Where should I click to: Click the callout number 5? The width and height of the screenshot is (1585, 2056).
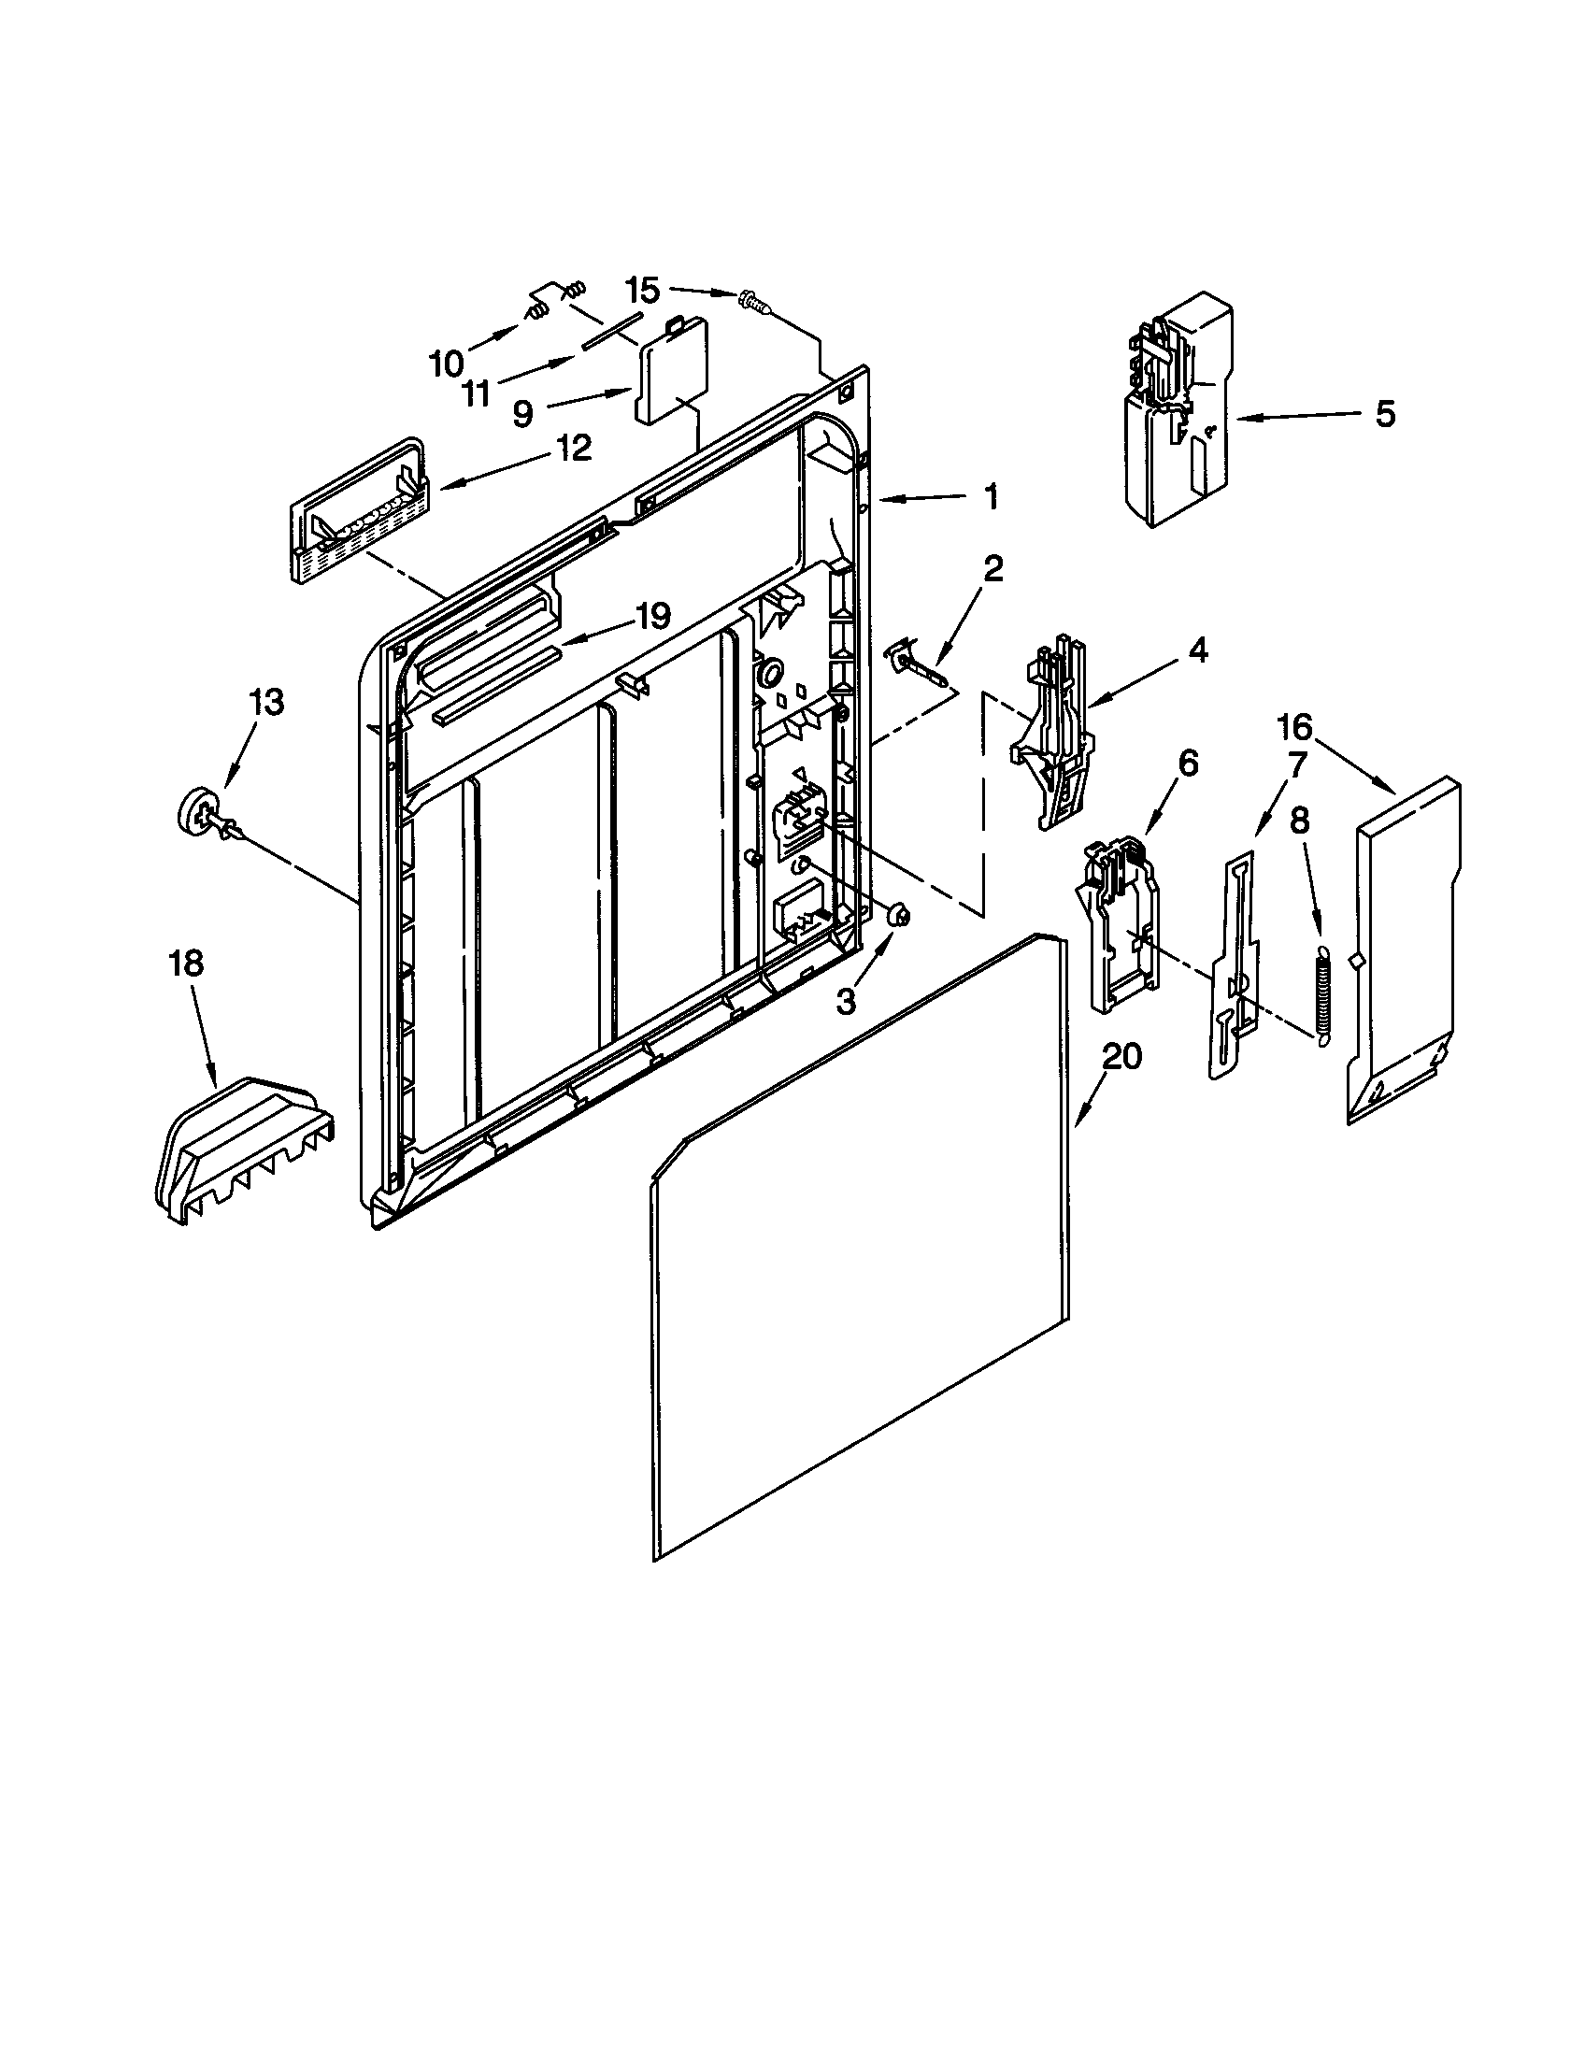[x=1384, y=414]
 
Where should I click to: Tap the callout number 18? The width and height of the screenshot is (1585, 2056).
[x=186, y=965]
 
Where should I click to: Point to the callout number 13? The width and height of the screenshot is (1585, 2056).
[x=267, y=702]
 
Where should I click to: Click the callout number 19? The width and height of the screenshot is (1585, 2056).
[x=651, y=617]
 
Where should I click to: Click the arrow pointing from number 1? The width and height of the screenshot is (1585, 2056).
[x=927, y=498]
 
